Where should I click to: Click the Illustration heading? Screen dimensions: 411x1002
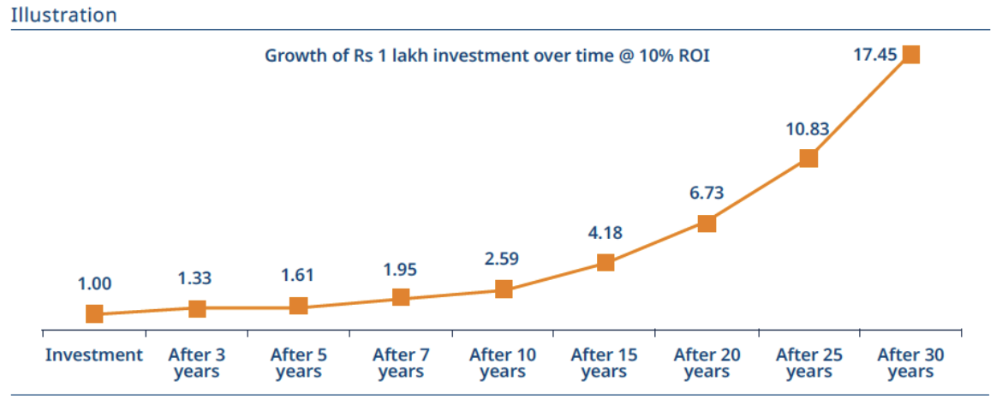pyautogui.click(x=64, y=15)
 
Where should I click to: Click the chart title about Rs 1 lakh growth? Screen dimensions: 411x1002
pyautogui.click(x=487, y=56)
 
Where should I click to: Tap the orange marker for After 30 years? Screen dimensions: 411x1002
pyautogui.click(x=910, y=55)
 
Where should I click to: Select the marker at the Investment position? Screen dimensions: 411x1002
pyautogui.click(x=94, y=314)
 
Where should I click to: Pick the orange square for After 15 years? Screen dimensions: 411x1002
pyautogui.click(x=605, y=262)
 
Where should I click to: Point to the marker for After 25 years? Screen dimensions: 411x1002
pyautogui.click(x=808, y=158)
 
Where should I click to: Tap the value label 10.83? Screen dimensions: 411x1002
pyautogui.click(x=808, y=128)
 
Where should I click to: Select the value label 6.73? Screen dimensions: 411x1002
pyautogui.click(x=707, y=194)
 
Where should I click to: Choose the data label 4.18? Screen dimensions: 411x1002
pyautogui.click(x=605, y=232)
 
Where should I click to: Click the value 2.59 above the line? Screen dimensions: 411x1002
pyautogui.click(x=503, y=259)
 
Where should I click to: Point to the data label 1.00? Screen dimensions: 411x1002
pyautogui.click(x=94, y=284)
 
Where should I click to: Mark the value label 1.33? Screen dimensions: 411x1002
pyautogui.click(x=195, y=278)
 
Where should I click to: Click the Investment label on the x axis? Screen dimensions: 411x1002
pyautogui.click(x=94, y=354)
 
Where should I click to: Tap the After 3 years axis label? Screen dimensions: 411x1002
pyautogui.click(x=196, y=363)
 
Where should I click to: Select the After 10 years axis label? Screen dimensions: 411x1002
pyautogui.click(x=503, y=363)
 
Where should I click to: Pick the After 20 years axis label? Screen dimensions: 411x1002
pyautogui.click(x=707, y=363)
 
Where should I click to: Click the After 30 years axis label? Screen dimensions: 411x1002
pyautogui.click(x=910, y=363)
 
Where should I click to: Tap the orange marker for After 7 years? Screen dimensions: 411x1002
pyautogui.click(x=401, y=297)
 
